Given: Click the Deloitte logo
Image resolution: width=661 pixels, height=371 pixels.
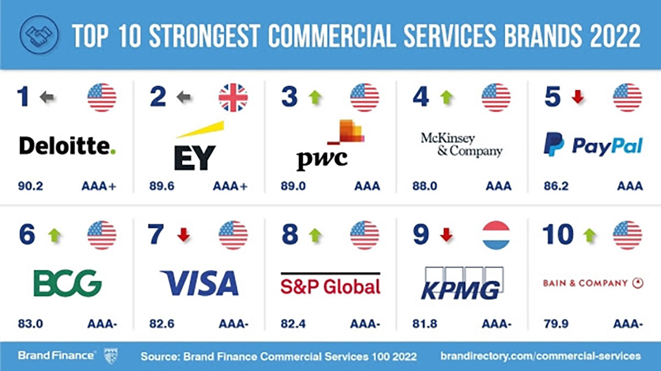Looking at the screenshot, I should (67, 146).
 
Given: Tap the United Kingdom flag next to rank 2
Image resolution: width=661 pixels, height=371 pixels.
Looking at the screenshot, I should (233, 98).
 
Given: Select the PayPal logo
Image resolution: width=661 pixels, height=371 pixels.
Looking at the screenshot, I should (593, 145).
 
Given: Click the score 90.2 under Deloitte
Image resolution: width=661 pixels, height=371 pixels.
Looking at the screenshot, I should (30, 186).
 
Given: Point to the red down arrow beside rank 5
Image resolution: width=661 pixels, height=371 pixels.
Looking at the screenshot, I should (577, 97).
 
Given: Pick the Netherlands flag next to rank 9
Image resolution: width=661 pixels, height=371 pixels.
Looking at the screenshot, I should (496, 235).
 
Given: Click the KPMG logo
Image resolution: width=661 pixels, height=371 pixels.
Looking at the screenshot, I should (462, 284).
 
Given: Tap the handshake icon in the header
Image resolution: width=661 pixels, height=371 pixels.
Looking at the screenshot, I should (39, 34).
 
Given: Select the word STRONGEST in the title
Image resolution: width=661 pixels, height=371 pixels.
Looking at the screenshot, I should (206, 35).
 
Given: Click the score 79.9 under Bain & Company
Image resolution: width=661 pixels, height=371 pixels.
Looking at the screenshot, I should (556, 324).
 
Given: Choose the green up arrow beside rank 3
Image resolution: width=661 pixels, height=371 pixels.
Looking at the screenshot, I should (315, 97).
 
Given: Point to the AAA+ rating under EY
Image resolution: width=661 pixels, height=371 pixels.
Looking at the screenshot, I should (230, 186).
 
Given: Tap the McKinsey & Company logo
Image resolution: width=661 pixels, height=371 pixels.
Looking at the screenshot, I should (461, 145).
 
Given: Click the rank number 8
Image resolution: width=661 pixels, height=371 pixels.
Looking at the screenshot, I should (290, 235).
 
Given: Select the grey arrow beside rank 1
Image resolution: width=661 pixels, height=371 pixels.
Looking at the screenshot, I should (47, 97).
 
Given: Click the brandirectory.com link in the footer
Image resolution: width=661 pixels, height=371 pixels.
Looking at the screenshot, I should (540, 356).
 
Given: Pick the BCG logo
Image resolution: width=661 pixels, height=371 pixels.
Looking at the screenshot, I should (67, 283).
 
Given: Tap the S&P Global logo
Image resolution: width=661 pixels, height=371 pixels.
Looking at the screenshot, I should (330, 285).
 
